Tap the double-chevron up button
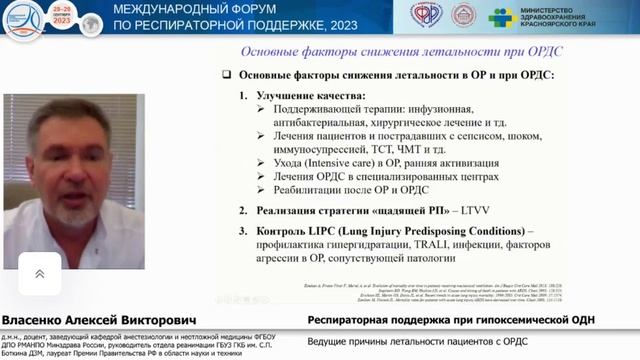(x=39, y=273)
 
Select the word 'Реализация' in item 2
(x=290, y=212)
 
